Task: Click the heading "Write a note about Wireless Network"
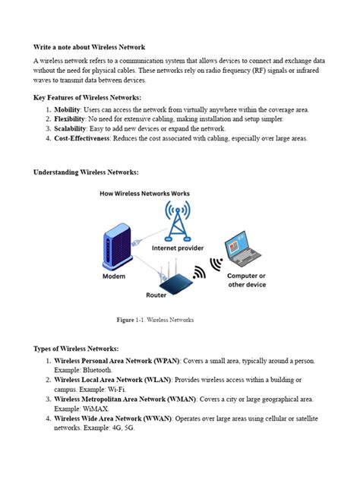89,47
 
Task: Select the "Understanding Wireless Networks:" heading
86,172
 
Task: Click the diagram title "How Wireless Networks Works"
144,194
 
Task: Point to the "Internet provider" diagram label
178,248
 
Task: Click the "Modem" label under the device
114,276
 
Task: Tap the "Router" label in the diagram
156,295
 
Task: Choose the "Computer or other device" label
246,280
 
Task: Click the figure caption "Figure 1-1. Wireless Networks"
155,320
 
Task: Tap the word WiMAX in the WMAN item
99,408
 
